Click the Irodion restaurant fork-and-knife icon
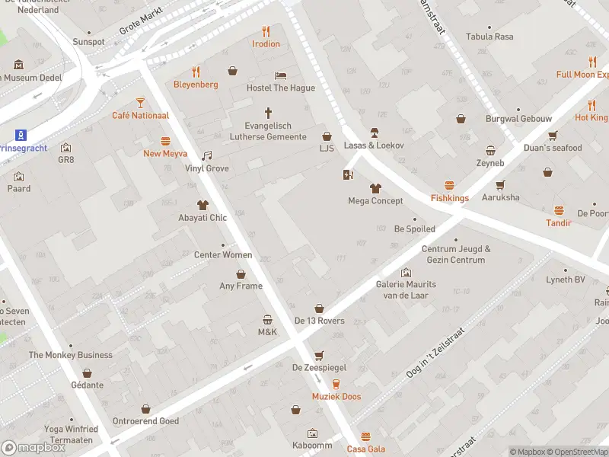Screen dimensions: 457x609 click(266, 31)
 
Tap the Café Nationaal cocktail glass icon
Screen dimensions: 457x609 click(140, 102)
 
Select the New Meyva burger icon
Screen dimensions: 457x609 click(165, 141)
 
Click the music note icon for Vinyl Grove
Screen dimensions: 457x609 click(206, 155)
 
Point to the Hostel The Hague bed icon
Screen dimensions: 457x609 click(280, 75)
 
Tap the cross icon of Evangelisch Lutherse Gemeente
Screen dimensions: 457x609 click(268, 112)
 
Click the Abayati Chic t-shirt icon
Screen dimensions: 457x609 click(202, 205)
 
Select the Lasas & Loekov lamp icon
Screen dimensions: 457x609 click(374, 133)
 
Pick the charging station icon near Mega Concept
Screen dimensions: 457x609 click(348, 175)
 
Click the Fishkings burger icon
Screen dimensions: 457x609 click(449, 185)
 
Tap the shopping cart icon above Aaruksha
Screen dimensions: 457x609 click(500, 184)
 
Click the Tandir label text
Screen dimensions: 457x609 click(558, 223)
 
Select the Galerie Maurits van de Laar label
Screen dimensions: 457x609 click(407, 289)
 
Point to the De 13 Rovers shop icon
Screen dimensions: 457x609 click(319, 308)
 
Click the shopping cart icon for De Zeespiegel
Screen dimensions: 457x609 click(319, 355)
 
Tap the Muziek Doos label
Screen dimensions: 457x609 click(336, 397)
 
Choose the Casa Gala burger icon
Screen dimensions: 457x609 click(365, 436)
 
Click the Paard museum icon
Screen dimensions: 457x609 click(19, 176)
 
